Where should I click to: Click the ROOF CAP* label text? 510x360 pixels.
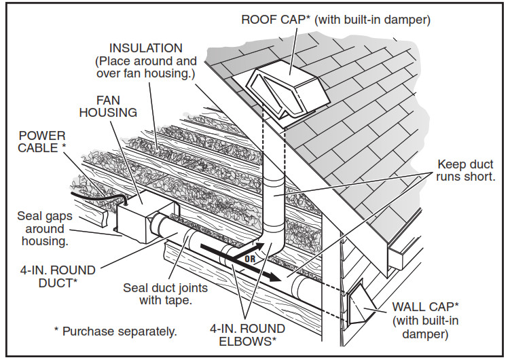274,19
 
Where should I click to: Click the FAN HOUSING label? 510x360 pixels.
109,106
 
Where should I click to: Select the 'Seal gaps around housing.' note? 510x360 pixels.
45,228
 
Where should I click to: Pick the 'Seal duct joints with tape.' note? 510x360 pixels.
165,293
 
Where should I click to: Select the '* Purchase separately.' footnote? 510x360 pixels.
115,331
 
